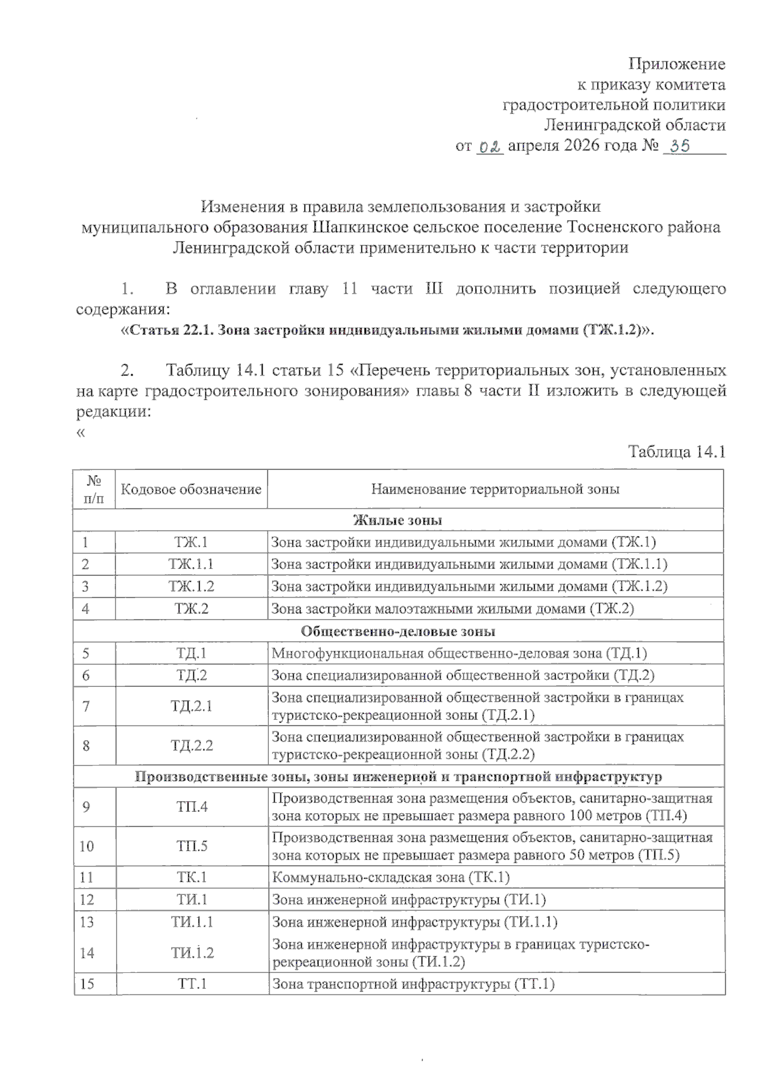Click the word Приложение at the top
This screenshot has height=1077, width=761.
coord(677,64)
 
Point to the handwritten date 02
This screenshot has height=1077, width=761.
coord(490,147)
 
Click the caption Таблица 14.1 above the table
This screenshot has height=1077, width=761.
coord(676,452)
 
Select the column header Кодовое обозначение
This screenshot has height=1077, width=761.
coord(191,489)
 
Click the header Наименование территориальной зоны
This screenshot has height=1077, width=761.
coord(495,489)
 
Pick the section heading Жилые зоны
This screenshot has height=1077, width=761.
coord(398,520)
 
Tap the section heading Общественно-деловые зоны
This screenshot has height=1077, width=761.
coord(398,631)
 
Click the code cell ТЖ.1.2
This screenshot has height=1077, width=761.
coord(191,587)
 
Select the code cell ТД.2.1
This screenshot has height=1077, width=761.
coord(191,706)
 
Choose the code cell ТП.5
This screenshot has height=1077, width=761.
coord(192,846)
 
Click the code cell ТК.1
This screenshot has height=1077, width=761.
coord(192,878)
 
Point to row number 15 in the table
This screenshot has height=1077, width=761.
coord(87,984)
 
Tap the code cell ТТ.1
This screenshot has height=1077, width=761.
coord(192,984)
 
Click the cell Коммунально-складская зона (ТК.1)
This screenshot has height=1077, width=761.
coord(391,878)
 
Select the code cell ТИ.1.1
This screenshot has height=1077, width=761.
coord(192,922)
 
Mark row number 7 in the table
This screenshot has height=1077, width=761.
coord(86,706)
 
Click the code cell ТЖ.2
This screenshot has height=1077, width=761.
coord(191,609)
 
